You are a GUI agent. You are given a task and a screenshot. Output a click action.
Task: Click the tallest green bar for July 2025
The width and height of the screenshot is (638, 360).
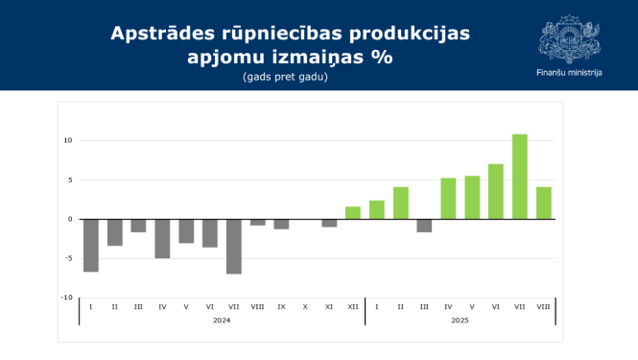(519, 177)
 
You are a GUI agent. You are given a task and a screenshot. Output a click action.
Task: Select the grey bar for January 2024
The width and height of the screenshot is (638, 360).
(91, 245)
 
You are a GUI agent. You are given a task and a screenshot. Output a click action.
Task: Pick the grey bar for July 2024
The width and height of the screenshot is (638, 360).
(234, 246)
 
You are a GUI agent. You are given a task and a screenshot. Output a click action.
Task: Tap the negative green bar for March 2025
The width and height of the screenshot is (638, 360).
(424, 226)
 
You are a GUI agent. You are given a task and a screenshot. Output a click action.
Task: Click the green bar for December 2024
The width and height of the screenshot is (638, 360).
(353, 213)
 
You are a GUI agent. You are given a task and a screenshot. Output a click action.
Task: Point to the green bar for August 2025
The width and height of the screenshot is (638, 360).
(544, 203)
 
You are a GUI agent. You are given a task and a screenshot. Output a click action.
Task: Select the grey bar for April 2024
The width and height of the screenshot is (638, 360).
(162, 238)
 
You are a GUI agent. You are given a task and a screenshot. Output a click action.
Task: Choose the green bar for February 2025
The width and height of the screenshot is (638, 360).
(401, 203)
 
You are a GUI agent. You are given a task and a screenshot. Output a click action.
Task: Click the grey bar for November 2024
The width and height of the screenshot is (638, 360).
(329, 223)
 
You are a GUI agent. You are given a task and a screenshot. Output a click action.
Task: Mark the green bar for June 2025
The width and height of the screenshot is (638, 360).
(496, 191)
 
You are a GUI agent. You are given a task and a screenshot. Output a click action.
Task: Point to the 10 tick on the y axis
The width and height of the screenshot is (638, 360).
(68, 140)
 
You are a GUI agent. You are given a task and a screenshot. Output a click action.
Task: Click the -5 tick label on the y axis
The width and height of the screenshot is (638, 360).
(68, 258)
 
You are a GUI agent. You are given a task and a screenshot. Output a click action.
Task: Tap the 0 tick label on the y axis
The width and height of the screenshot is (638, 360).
(70, 219)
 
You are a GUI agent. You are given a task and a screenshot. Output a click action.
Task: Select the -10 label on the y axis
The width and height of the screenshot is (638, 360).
(66, 298)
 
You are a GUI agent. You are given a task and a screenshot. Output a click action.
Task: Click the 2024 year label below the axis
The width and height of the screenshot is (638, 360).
(222, 319)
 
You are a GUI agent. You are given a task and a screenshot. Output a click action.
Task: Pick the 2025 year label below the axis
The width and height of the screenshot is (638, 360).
(461, 319)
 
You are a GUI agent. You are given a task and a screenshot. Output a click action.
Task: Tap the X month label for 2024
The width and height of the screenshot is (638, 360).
(305, 306)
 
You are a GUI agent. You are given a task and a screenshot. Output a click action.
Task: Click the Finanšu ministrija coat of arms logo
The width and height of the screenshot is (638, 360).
(570, 38)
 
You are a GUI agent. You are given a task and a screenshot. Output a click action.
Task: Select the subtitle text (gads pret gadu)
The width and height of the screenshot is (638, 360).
(285, 76)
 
